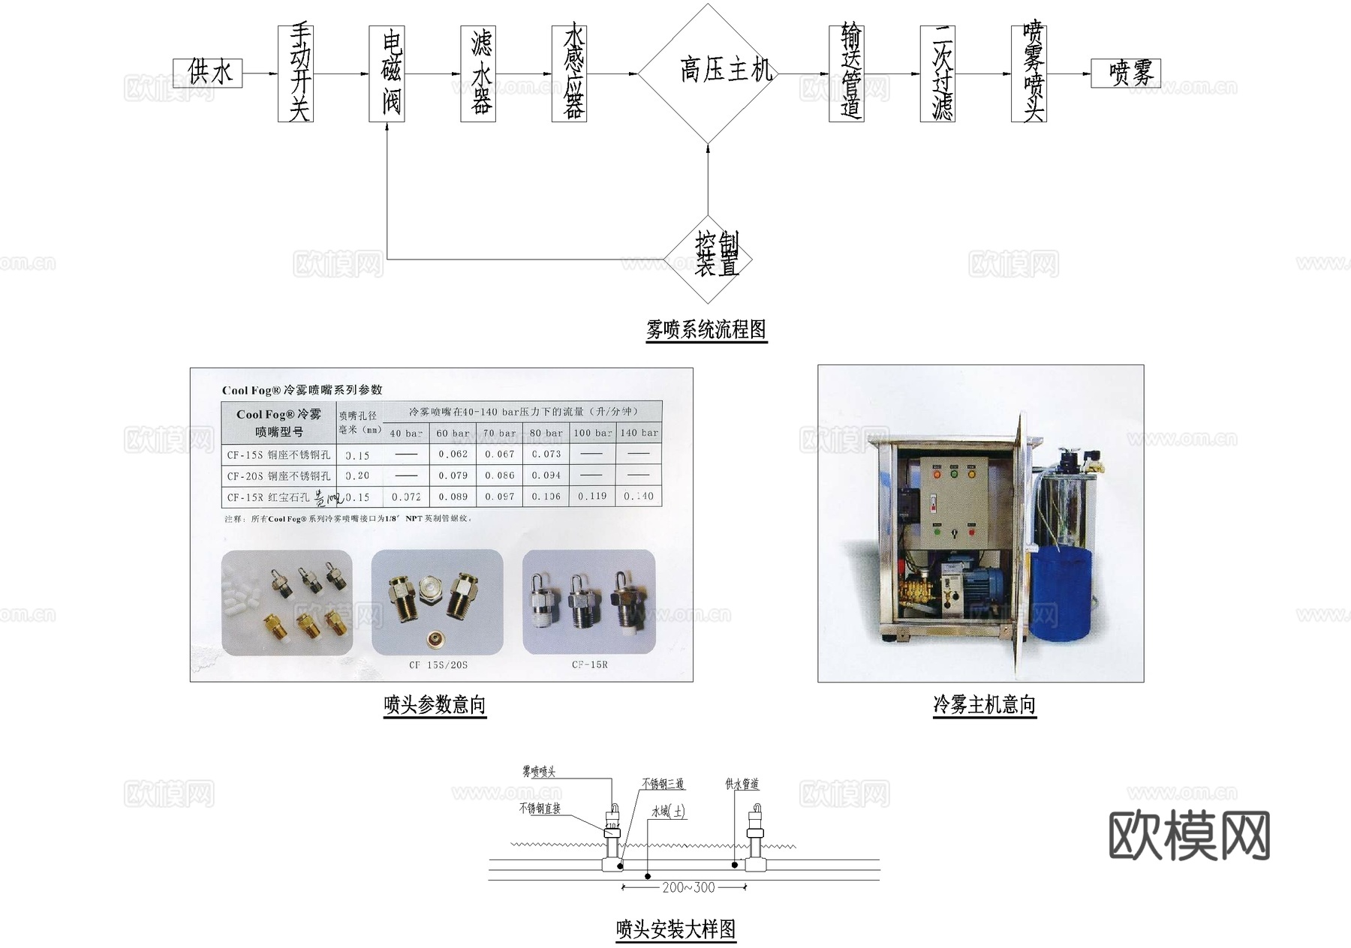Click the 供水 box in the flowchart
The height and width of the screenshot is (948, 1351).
tap(207, 73)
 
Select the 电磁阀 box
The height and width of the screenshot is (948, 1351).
tap(387, 73)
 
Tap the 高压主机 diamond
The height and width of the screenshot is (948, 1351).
tap(708, 73)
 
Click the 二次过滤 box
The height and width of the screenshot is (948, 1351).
tap(937, 73)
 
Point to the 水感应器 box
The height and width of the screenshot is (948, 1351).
tap(569, 73)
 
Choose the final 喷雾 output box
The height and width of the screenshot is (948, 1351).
tap(1126, 73)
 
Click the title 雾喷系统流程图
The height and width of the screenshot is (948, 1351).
tap(706, 330)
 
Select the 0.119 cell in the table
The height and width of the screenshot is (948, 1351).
tap(592, 496)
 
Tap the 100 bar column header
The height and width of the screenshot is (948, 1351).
tap(592, 433)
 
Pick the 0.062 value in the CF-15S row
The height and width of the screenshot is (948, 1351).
tap(453, 454)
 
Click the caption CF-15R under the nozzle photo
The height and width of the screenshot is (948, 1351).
tap(589, 664)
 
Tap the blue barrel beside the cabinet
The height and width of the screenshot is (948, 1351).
tap(1060, 592)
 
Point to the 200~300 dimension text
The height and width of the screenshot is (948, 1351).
tap(688, 888)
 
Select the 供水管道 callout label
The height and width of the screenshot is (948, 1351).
tap(742, 784)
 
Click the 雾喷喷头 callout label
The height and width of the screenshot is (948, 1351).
tap(539, 772)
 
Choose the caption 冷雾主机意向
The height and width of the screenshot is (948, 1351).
tap(984, 705)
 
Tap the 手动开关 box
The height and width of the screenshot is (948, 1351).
tap(295, 73)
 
